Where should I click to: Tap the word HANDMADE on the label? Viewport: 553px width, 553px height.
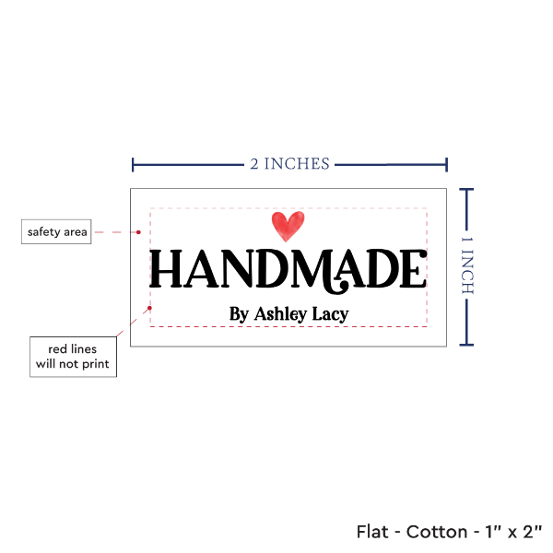point(288,269)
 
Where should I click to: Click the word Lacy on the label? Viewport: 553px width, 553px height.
point(331,314)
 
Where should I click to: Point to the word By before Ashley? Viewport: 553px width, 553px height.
point(239,314)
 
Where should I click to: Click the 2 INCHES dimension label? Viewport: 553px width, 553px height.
point(289,164)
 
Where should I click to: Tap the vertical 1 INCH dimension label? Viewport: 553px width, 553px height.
point(466,265)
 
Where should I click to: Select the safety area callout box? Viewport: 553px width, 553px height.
point(56,231)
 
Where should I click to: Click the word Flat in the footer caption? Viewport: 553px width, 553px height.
point(373,532)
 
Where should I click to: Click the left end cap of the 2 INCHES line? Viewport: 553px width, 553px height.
point(134,165)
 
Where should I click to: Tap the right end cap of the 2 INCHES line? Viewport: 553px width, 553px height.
point(447,165)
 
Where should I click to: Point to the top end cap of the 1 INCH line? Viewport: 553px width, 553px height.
point(466,190)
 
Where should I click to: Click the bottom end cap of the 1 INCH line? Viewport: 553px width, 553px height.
point(466,345)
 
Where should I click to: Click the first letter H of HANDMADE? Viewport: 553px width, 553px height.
point(165,269)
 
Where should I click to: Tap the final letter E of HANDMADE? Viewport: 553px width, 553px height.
point(414,269)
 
